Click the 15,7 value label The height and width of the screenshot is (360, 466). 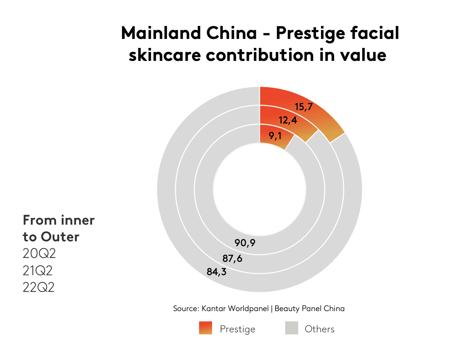(x=303, y=107)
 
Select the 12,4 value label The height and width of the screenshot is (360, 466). (x=288, y=120)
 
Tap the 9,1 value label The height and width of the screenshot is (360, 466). (x=275, y=136)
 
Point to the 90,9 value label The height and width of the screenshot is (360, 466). (x=245, y=243)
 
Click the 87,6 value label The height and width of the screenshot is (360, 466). (x=232, y=259)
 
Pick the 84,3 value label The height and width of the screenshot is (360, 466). (x=216, y=272)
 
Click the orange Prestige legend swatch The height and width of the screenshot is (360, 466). (x=205, y=328)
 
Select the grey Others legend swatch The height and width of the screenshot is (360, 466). (x=291, y=328)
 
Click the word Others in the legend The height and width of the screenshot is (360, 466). (x=319, y=329)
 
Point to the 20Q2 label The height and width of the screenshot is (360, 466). (x=39, y=254)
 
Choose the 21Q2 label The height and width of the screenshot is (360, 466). (x=37, y=270)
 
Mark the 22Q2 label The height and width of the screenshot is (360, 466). (x=38, y=287)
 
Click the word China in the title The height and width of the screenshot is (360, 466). (x=231, y=33)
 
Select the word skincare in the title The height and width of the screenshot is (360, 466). (x=165, y=55)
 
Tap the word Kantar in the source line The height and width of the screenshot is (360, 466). (x=214, y=308)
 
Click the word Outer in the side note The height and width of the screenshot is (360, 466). (x=60, y=237)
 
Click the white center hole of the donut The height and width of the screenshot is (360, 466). (x=260, y=189)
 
